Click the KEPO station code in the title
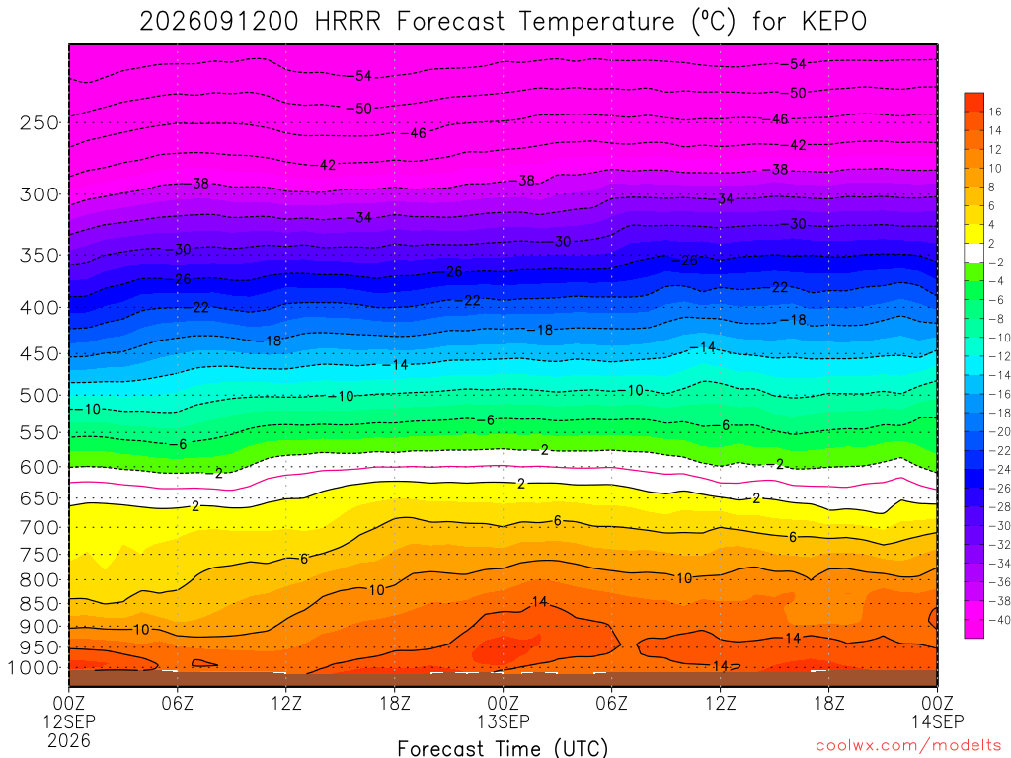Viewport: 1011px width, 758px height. pos(834,22)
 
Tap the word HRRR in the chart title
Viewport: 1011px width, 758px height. pos(349,22)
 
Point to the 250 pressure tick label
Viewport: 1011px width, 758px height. pos(39,122)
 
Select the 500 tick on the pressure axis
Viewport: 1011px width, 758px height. pos(39,395)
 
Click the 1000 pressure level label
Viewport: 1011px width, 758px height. pos(35,668)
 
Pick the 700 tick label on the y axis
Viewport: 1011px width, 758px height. pos(39,528)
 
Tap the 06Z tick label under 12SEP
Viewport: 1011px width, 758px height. pos(178,703)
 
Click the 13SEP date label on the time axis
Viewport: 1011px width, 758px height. pos(504,721)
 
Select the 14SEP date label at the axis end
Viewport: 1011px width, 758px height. pos(938,721)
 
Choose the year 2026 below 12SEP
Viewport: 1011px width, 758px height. pos(69,740)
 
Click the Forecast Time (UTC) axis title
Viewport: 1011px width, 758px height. pos(503,748)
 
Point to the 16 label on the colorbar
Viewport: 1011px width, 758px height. pos(995,113)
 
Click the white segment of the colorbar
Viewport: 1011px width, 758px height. pos(973,253)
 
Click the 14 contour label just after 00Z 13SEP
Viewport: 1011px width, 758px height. pos(539,601)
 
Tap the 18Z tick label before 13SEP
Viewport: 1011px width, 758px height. pos(395,703)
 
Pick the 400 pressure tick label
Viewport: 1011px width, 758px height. pos(39,308)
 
